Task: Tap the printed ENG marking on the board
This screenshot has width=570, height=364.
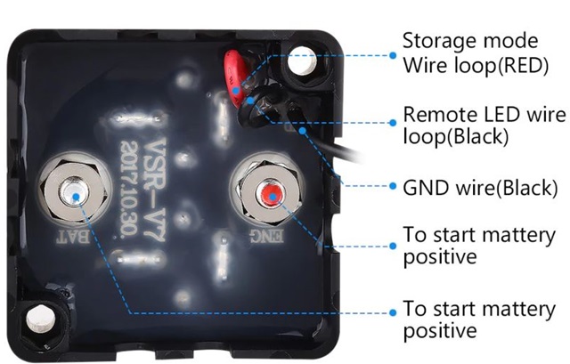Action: click(268, 236)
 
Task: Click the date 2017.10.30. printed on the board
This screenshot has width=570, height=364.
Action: click(128, 189)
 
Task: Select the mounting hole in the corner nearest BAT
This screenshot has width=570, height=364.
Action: click(41, 319)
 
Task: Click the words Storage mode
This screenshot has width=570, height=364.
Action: click(470, 41)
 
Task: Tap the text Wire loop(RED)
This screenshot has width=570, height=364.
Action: click(476, 66)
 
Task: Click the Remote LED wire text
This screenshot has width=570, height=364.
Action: click(484, 114)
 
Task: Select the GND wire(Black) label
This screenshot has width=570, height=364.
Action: click(481, 188)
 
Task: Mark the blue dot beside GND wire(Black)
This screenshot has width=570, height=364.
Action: click(393, 186)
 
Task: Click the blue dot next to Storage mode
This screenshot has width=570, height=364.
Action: click(393, 55)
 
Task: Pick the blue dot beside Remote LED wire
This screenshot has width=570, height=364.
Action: click(393, 123)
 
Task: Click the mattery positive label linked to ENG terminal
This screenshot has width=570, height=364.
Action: click(479, 246)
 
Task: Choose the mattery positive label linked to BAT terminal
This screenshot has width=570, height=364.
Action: click(479, 320)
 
